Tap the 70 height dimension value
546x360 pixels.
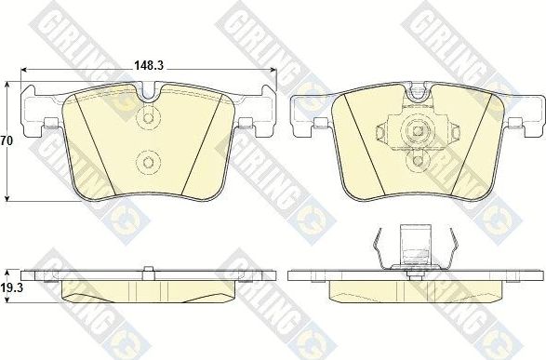click(6, 142)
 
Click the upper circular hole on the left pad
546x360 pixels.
click(147, 119)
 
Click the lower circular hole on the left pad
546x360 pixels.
click(147, 163)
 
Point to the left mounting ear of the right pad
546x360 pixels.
click(309, 116)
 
